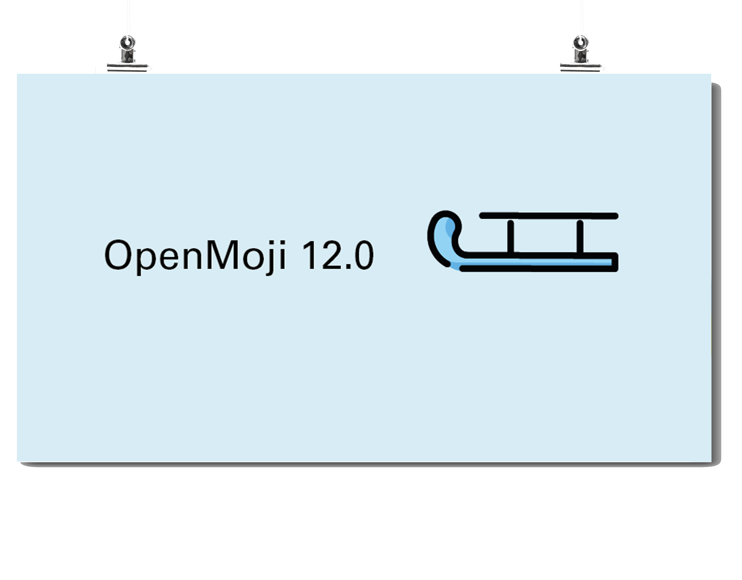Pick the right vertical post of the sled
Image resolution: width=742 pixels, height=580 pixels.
580,237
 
